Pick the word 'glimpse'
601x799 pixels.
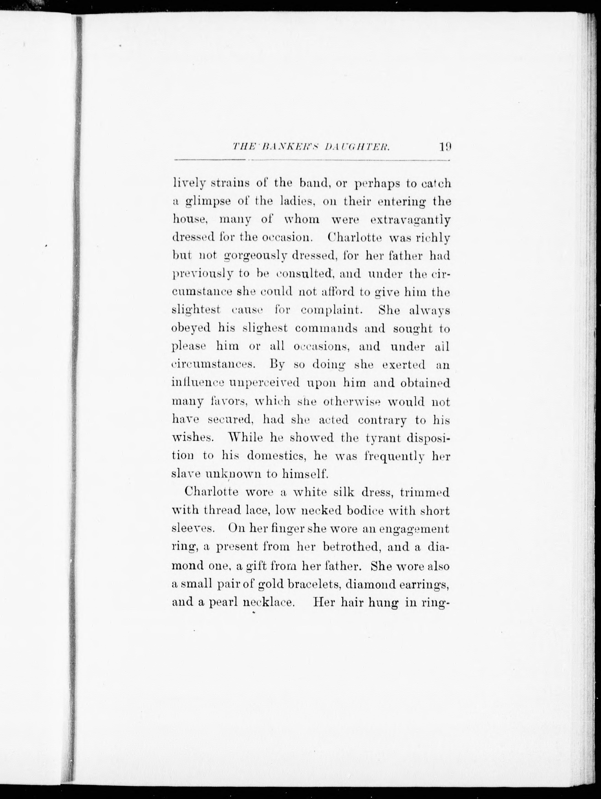[x=209, y=202]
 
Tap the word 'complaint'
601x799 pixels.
[x=331, y=310]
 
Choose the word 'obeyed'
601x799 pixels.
[x=191, y=329]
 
